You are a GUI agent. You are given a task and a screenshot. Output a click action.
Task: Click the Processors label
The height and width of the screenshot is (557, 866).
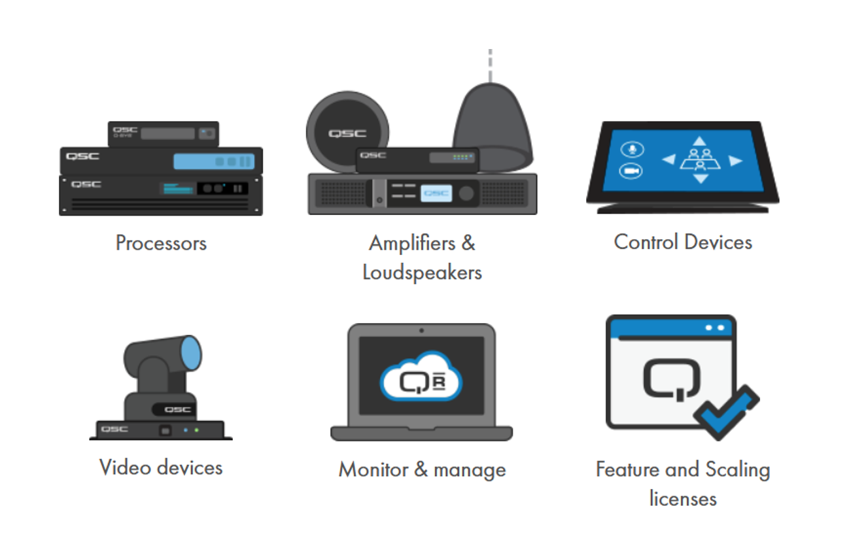coord(161,243)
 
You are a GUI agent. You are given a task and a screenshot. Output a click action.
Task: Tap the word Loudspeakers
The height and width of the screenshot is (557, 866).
coord(422,272)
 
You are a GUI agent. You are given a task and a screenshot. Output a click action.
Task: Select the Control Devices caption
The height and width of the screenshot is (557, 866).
coord(683,242)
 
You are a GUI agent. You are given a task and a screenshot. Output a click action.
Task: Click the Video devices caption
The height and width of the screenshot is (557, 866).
coord(161,467)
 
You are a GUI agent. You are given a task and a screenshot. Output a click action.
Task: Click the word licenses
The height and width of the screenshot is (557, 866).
coord(683,498)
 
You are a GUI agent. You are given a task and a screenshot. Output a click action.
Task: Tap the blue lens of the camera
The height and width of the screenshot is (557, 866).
coord(191,353)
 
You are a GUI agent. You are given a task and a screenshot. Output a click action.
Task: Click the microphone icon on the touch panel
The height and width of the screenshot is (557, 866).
coord(631,149)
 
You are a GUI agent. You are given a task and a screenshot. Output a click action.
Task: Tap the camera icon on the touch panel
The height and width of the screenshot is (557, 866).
coord(631,171)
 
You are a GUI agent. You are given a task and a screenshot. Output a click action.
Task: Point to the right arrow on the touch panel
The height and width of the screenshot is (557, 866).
coord(736,160)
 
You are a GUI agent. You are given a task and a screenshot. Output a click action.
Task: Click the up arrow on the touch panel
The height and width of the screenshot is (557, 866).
coord(700,141)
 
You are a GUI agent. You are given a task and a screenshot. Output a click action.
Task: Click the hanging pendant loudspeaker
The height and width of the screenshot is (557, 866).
coord(492,121)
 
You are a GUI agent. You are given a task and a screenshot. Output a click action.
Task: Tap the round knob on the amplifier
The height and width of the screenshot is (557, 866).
coord(466,194)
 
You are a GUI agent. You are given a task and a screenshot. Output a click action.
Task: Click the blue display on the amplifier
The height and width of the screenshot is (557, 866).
coord(436,194)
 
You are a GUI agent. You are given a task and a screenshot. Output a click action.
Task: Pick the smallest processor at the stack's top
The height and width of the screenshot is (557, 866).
coord(164,133)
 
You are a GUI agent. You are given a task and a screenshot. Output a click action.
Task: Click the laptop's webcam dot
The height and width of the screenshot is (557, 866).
coord(422,331)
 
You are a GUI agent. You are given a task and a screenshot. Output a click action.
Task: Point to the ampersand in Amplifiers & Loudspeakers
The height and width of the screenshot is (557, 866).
coord(468,243)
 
